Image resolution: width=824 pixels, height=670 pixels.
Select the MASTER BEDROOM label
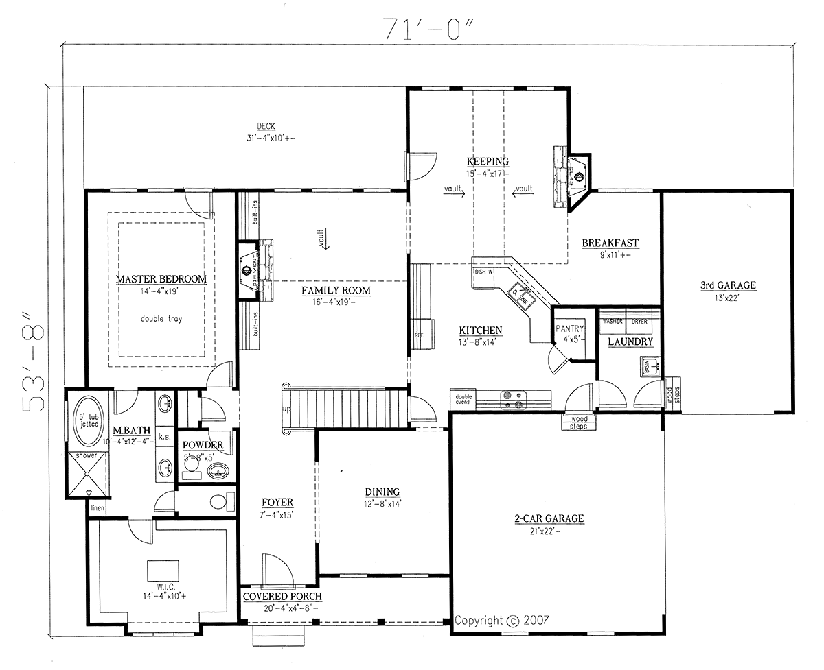tap(161, 279)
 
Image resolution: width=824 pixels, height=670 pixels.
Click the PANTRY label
tap(570, 328)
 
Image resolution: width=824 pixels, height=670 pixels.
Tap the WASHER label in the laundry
tap(613, 320)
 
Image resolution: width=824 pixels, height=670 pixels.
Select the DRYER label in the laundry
tap(639, 320)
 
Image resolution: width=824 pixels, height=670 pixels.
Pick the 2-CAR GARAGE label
tap(549, 518)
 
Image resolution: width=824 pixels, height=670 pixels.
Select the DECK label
tap(266, 126)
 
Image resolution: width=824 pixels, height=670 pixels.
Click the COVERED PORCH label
tap(282, 597)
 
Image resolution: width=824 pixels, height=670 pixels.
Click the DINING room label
tap(382, 492)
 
